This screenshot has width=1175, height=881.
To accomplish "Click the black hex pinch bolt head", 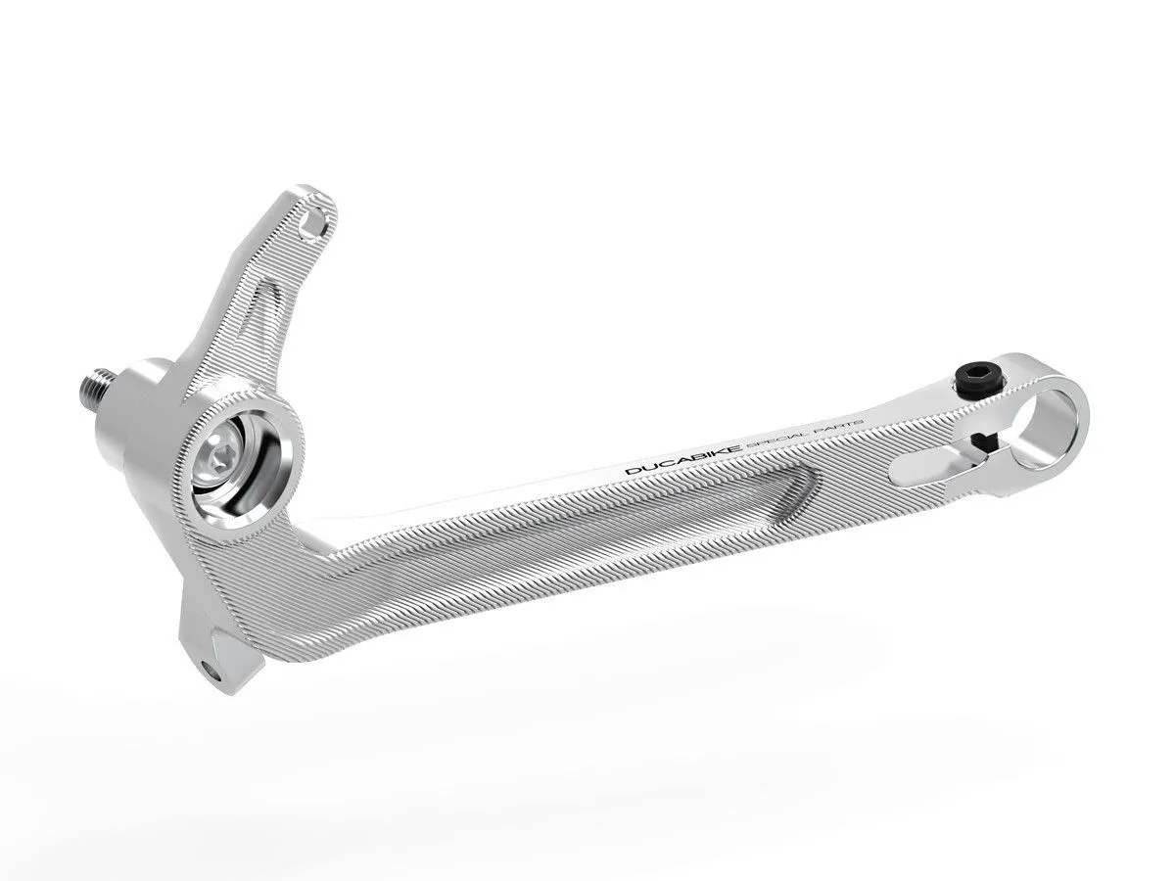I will [976, 375].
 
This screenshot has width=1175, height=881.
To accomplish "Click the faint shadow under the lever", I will [587, 754].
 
